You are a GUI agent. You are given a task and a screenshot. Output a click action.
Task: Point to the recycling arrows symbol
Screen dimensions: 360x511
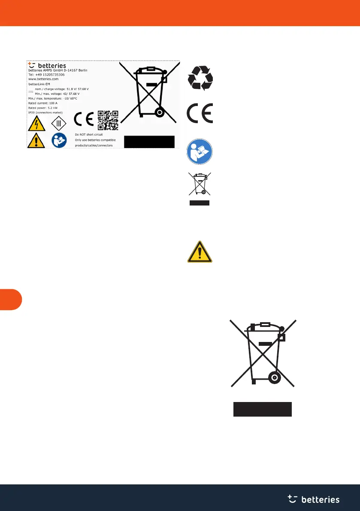tap(200, 78)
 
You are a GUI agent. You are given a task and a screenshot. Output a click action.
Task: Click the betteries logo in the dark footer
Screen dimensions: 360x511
tap(313, 499)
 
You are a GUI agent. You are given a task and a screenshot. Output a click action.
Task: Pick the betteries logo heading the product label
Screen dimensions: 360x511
tap(47, 65)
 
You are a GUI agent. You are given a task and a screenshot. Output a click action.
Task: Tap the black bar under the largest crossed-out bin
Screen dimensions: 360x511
tap(262, 409)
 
